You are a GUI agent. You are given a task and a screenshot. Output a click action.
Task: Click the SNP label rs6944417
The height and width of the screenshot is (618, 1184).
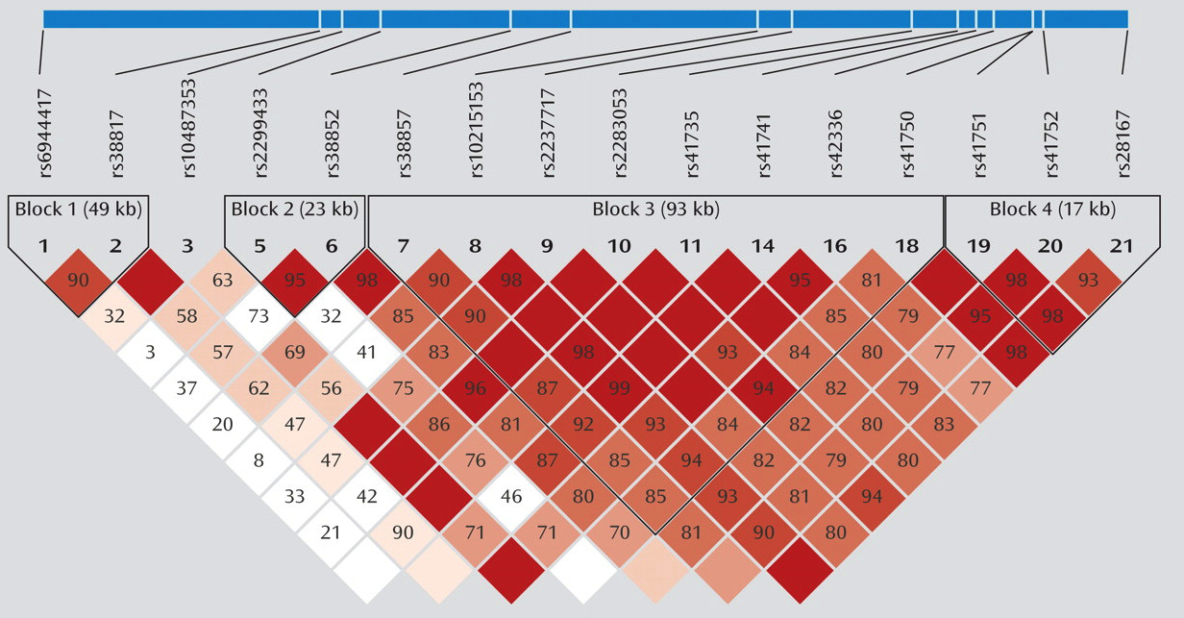[44, 134]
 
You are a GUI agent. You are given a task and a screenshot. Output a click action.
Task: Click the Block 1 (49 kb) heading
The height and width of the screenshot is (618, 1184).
[79, 209]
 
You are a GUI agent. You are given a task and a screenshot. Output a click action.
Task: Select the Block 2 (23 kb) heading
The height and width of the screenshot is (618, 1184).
[295, 209]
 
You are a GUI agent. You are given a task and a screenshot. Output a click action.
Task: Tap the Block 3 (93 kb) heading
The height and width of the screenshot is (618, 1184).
[655, 209]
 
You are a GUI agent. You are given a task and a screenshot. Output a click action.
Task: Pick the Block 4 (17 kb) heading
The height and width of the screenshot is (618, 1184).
[1052, 209]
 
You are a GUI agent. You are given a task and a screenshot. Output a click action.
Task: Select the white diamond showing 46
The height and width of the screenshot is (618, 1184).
[510, 497]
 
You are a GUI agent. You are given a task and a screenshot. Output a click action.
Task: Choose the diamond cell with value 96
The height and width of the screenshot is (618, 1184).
[475, 389]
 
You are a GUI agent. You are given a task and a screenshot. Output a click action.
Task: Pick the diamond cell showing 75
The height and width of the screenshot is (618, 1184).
[403, 389]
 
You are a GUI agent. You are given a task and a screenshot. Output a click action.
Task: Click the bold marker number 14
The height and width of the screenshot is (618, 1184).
[763, 247]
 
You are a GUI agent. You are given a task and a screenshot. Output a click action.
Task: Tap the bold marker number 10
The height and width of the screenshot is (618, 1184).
[619, 247]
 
